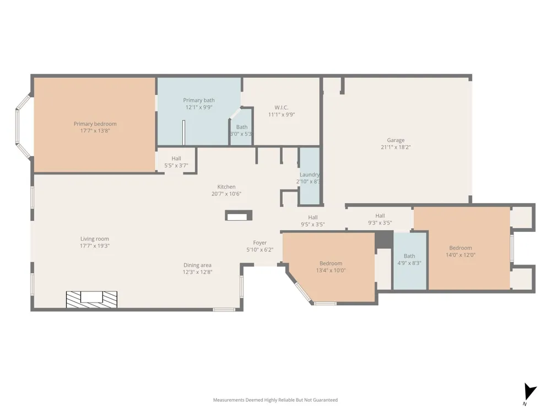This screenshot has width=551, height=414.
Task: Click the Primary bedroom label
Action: [95, 124]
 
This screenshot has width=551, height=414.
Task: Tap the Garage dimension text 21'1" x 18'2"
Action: [396, 147]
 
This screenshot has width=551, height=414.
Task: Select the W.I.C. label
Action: [282, 108]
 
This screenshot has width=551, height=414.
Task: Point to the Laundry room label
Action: [310, 174]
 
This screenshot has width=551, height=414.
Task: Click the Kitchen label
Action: [226, 187]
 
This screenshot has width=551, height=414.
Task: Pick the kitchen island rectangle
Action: [239, 215]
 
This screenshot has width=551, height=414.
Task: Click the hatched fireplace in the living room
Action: [91, 299]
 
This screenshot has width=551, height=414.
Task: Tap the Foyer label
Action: [260, 243]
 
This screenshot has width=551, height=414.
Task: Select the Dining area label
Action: [197, 265]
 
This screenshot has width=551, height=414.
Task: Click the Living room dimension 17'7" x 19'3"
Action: [95, 246]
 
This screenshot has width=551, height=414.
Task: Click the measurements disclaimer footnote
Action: [275, 400]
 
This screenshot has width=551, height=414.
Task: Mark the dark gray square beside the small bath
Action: [383, 240]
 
